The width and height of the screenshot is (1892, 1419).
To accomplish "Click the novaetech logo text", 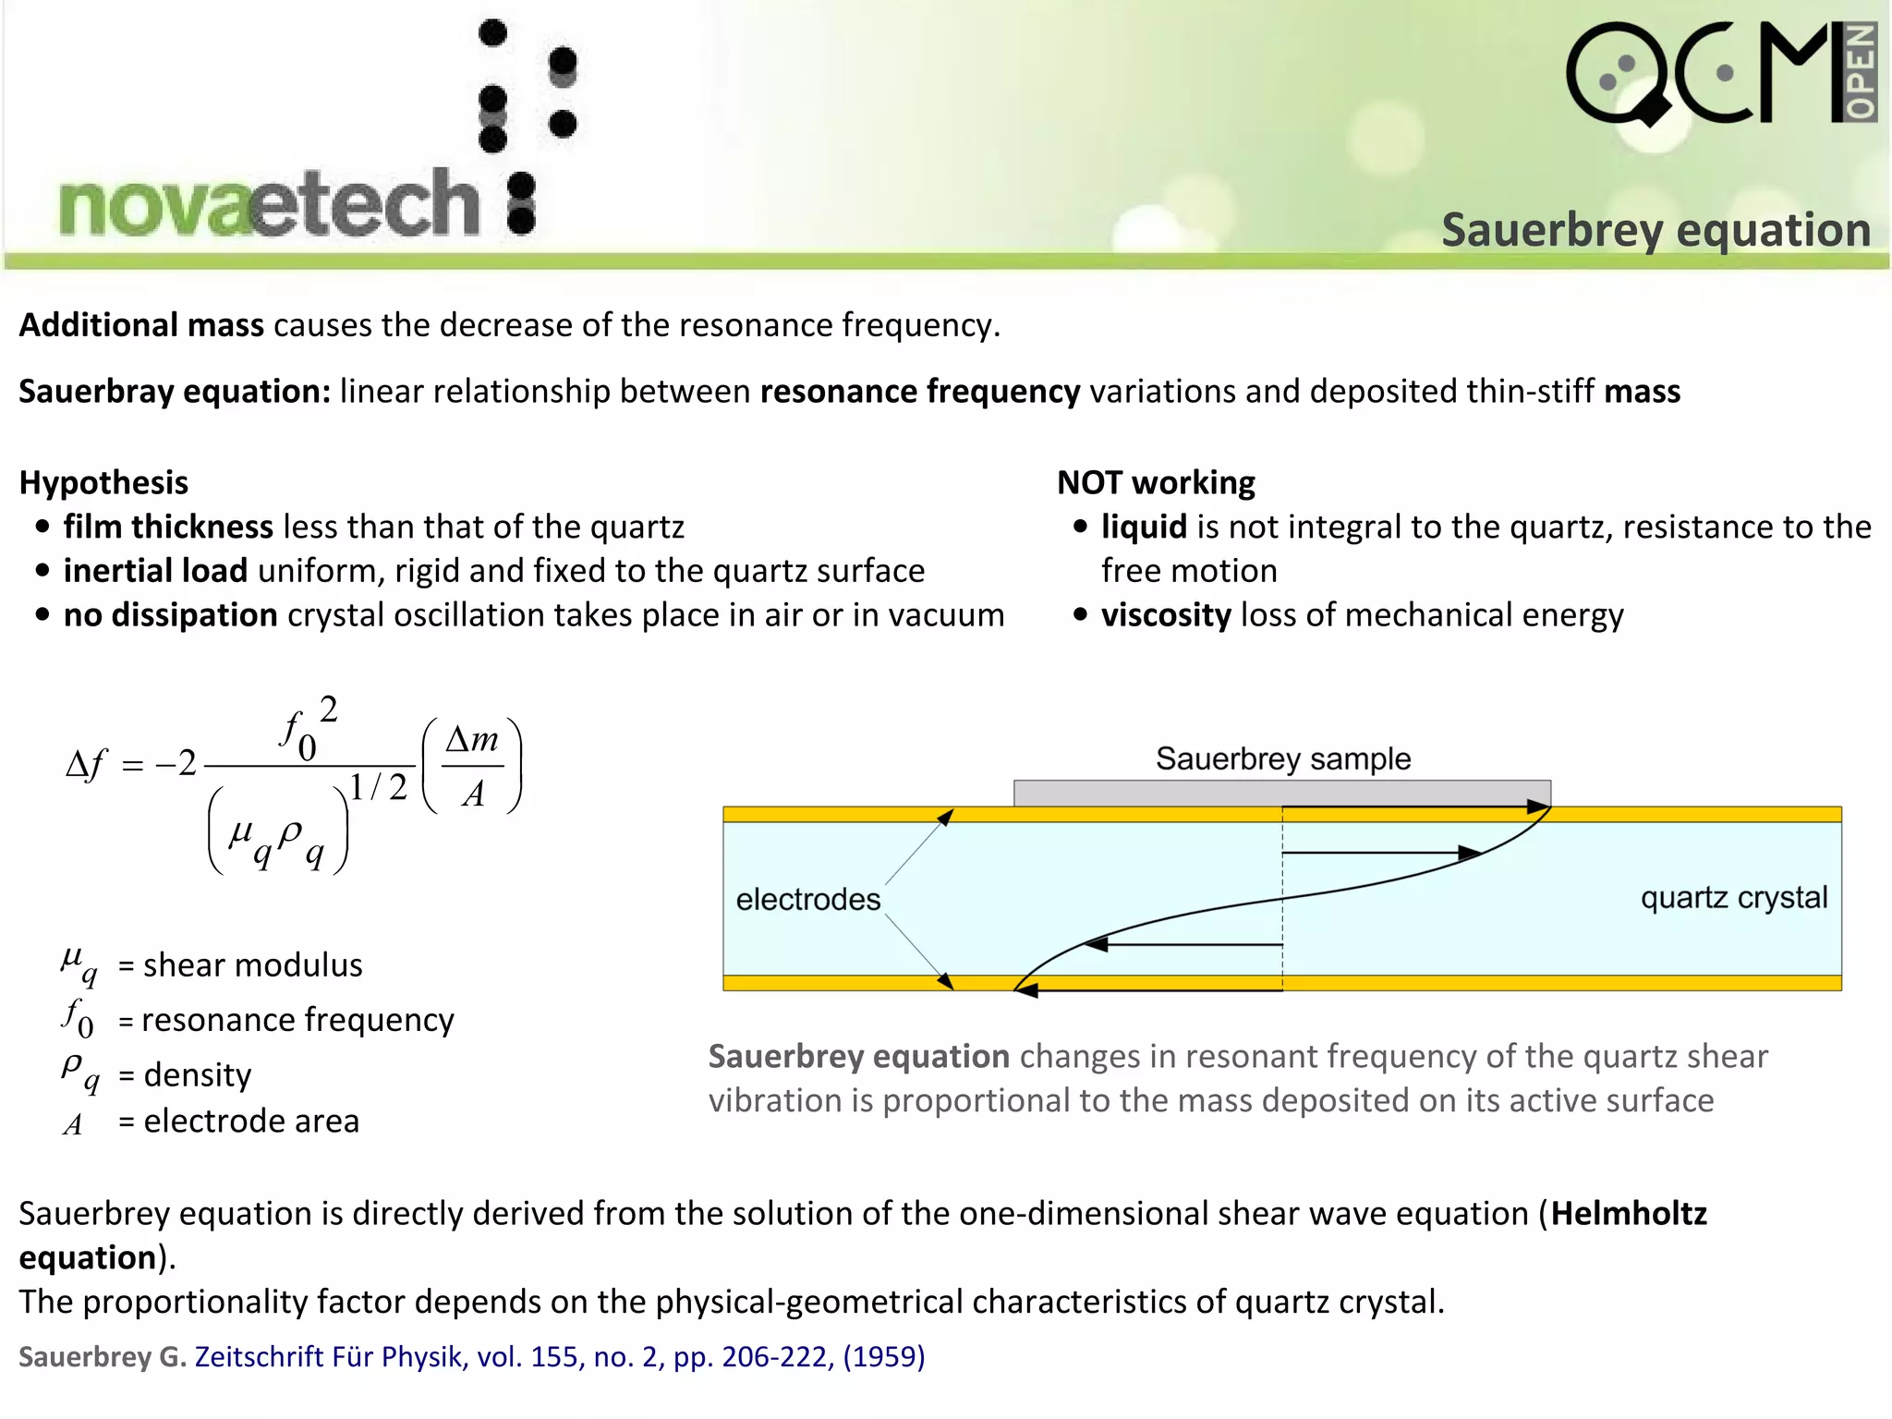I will click(268, 203).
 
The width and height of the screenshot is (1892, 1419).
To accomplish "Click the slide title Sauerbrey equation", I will click(1655, 230).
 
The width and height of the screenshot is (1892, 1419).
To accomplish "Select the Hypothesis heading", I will click(103, 482).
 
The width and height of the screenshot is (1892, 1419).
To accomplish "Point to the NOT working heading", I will click(1156, 482).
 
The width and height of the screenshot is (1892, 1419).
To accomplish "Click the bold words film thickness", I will click(168, 527).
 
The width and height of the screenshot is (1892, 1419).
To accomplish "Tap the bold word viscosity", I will click(1166, 615).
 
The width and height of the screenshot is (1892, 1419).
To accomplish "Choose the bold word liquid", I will click(1144, 527).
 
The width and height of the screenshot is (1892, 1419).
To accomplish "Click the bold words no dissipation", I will click(170, 615).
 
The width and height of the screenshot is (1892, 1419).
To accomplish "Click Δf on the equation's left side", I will click(86, 764).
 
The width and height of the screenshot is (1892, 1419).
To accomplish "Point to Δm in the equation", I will click(472, 739).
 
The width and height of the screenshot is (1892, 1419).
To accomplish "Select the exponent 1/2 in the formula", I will click(379, 787).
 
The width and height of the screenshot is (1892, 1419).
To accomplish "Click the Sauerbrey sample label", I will click(1283, 758).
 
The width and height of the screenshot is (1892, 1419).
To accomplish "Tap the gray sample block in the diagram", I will click(1281, 793).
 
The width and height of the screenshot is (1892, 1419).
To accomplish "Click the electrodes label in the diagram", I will click(807, 899).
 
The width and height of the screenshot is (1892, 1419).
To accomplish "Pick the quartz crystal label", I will click(1733, 897).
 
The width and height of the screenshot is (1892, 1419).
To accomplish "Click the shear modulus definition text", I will click(252, 965).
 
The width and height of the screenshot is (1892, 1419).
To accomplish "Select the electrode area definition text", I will click(251, 1121).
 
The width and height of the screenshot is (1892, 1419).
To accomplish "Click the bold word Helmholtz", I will click(1628, 1213).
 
